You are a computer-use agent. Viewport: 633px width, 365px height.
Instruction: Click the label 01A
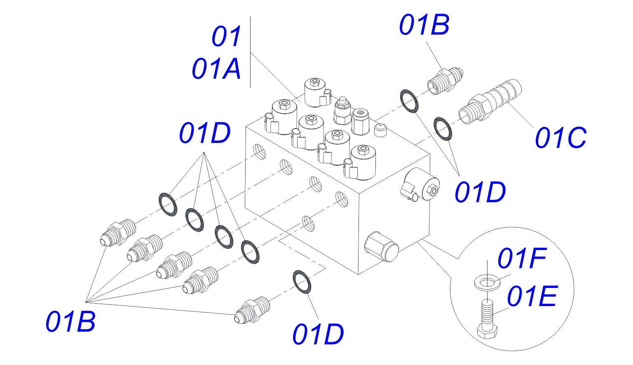click(216, 69)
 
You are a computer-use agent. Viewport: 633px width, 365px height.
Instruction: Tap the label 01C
click(560, 138)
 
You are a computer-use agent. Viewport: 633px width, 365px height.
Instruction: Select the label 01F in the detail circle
click(522, 258)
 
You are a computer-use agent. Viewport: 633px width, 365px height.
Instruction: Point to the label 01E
click(532, 297)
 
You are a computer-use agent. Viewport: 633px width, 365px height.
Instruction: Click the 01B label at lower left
click(70, 322)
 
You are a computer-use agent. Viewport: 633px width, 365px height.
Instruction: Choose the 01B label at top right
click(424, 25)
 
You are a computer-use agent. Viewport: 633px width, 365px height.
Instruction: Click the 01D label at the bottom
click(318, 334)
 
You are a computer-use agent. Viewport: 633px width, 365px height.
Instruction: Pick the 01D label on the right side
click(480, 192)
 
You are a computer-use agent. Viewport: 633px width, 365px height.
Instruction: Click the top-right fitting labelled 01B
click(445, 80)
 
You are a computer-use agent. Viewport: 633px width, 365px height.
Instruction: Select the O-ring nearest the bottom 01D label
click(302, 282)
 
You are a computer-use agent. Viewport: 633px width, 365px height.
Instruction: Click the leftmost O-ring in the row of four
click(168, 204)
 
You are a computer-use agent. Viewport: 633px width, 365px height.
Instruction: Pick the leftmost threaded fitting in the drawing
click(118, 233)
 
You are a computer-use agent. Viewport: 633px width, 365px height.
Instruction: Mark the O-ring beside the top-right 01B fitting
click(409, 100)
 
